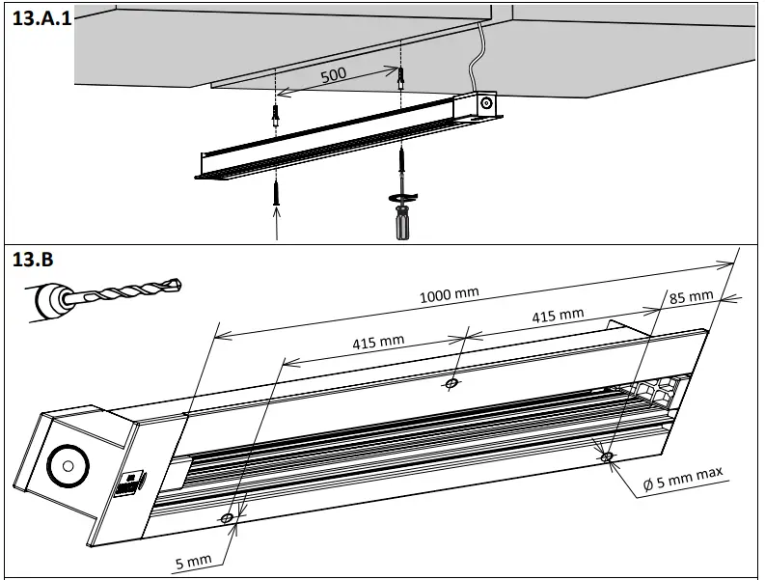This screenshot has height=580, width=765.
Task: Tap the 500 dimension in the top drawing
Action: coord(334,74)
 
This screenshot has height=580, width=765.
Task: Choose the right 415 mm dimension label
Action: coord(557,315)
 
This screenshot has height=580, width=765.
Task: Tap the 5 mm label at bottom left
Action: coord(194,560)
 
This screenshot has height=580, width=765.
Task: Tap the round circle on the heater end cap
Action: coord(67,465)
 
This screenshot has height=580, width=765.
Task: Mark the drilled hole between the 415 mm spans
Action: coord(451,384)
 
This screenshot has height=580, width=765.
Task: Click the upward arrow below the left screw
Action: coord(277,224)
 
